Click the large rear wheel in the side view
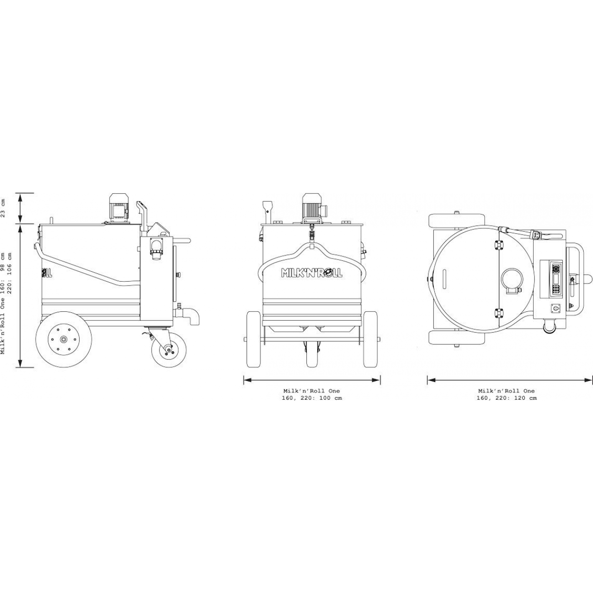64,339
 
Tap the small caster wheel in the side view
169,349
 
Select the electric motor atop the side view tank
119,208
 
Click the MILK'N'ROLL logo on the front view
311,273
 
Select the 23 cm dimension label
3,209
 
